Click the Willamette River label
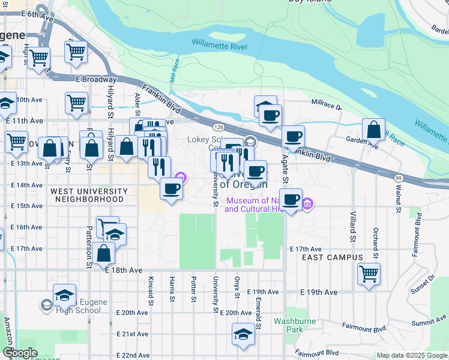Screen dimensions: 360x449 point(220,43)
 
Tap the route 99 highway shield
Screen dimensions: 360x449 point(399,178)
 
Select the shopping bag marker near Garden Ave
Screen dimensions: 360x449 point(373,129)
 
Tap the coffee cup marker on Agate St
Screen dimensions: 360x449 point(291,199)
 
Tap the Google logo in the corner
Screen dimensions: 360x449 point(20,353)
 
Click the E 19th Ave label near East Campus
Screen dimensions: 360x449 point(318,293)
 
